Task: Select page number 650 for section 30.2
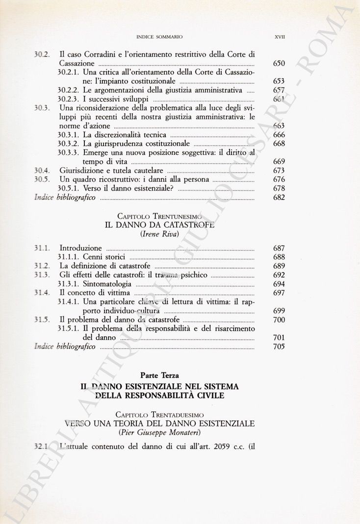tap(279, 64)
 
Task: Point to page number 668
tap(279, 144)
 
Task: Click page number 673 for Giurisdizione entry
tap(279, 171)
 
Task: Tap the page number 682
tap(279, 198)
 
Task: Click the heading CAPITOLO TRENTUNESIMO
tap(161, 216)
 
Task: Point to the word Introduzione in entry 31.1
tap(80, 248)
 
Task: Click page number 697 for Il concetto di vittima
tap(279, 293)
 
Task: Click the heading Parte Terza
tap(160, 376)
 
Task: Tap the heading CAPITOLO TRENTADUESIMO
tap(161, 414)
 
